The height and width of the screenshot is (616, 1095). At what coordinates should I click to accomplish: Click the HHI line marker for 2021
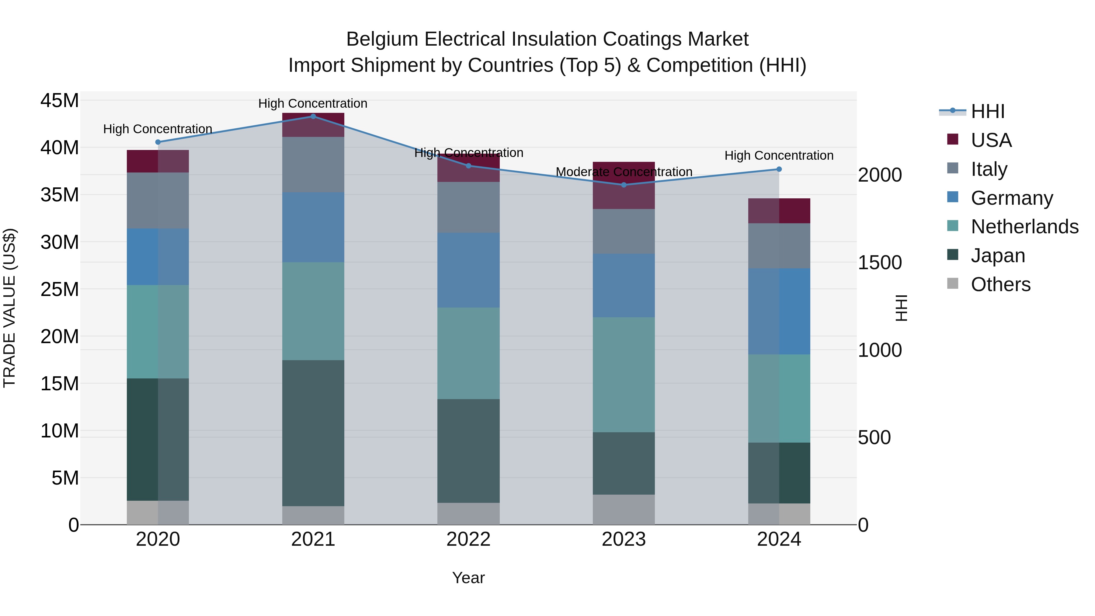pos(313,116)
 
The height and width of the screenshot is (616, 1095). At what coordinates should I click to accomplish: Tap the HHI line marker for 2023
pos(624,185)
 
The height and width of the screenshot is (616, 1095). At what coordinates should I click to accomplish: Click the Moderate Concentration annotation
pos(624,172)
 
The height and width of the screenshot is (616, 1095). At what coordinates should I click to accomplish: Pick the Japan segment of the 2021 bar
pos(313,433)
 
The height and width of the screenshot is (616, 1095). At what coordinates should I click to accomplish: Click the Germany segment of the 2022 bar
pos(468,270)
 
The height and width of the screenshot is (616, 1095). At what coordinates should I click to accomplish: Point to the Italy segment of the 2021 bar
pos(313,165)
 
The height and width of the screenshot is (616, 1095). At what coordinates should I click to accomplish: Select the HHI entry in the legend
pos(987,111)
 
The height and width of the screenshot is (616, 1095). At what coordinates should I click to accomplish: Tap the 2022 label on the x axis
pos(468,539)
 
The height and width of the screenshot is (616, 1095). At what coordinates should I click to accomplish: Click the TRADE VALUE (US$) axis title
pos(9,308)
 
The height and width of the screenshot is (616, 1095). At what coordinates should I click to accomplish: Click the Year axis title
pos(468,578)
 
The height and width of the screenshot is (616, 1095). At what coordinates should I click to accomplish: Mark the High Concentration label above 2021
pos(313,103)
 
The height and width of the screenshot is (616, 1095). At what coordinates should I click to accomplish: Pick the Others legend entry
pos(1000,284)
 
